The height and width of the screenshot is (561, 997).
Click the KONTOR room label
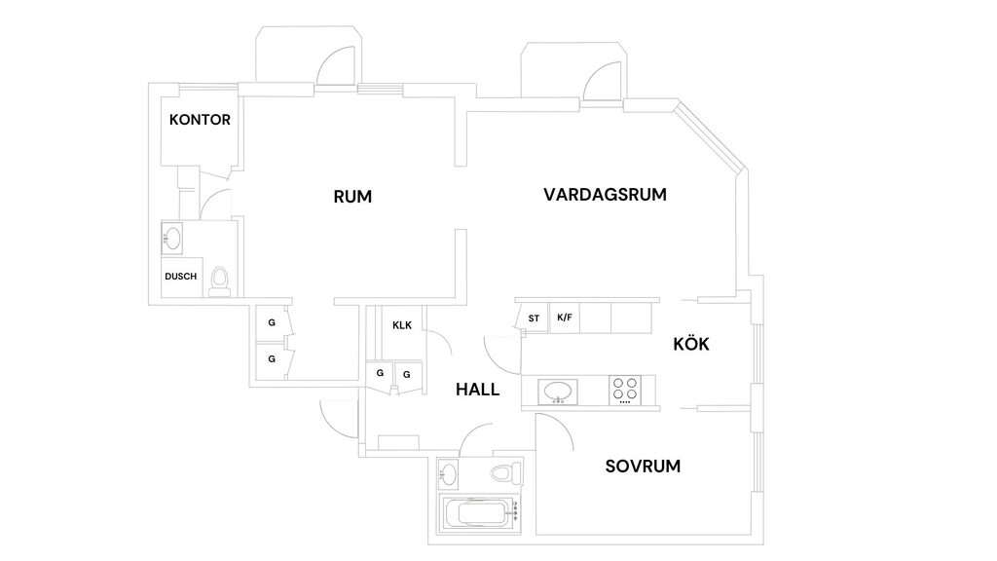click(200, 121)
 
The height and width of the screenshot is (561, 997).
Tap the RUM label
click(352, 197)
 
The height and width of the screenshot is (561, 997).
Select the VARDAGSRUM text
click(605, 195)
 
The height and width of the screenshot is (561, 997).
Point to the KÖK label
click(691, 345)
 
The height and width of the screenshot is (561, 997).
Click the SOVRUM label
click(643, 467)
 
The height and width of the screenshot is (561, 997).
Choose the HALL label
click(477, 390)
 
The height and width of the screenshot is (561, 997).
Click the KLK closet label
click(402, 325)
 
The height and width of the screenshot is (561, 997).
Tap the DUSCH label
click(180, 277)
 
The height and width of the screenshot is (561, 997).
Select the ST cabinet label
click(534, 318)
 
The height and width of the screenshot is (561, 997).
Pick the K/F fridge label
click(564, 318)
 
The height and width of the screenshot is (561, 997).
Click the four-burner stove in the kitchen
click(625, 390)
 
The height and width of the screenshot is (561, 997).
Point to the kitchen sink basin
click(558, 391)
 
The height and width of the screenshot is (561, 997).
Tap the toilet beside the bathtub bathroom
click(503, 473)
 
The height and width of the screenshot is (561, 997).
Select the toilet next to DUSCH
click(220, 279)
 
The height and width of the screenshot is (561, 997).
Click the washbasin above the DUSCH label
click(173, 237)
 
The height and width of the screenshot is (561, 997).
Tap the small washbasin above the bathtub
click(448, 473)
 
